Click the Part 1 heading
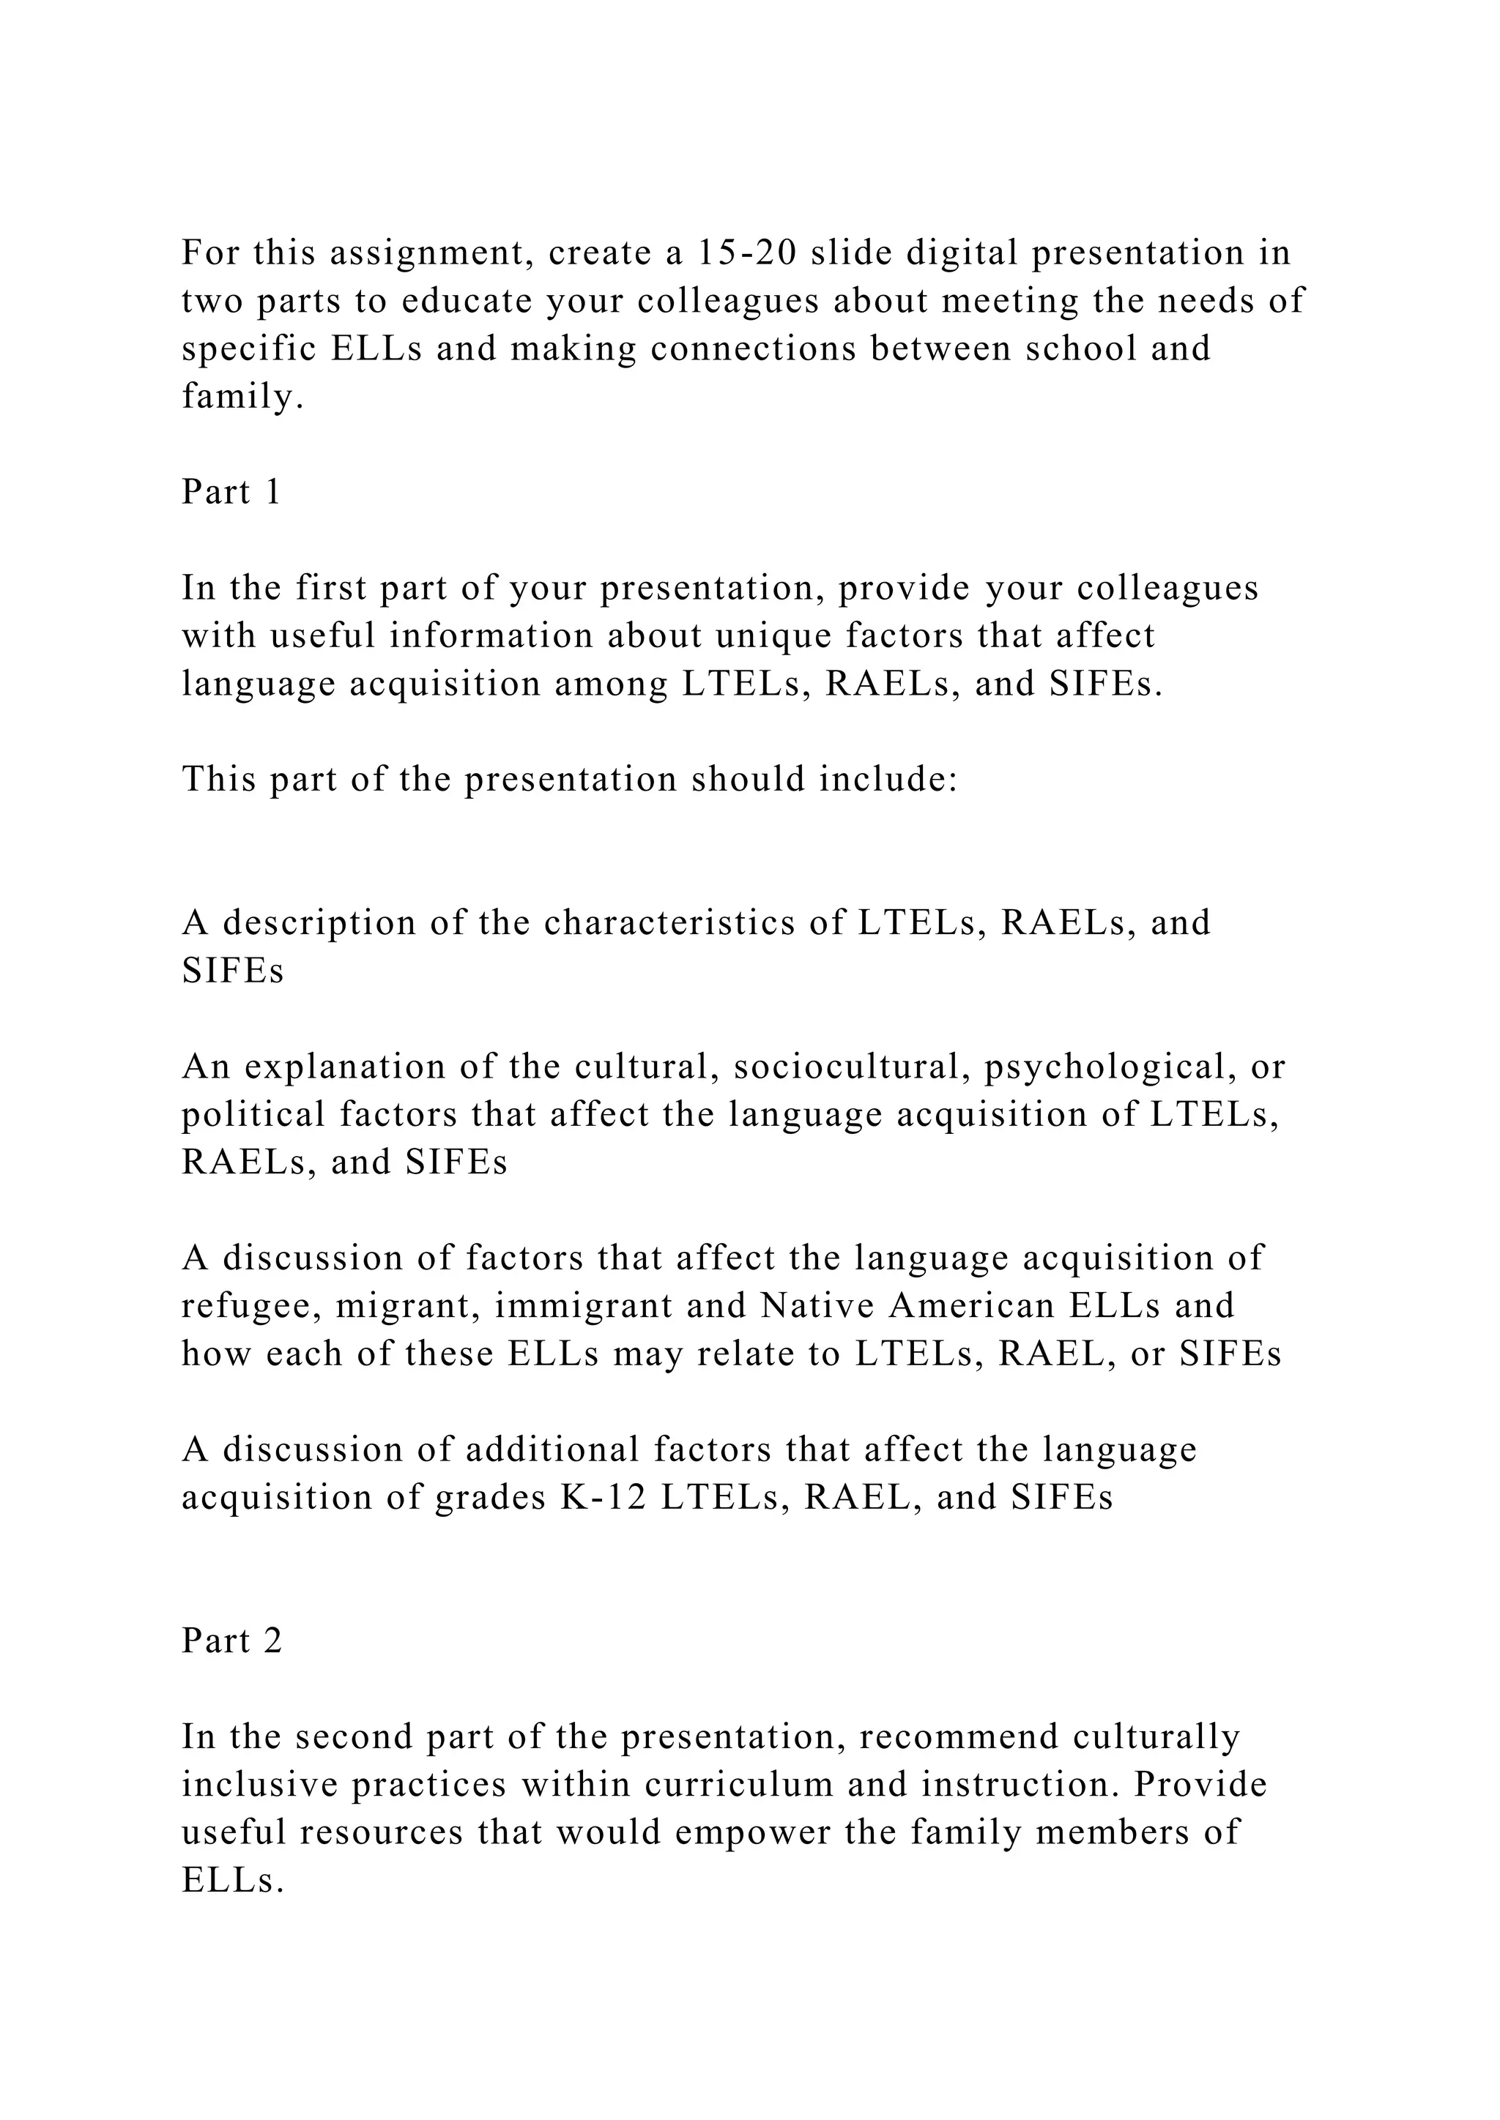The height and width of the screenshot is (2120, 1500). tap(231, 492)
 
